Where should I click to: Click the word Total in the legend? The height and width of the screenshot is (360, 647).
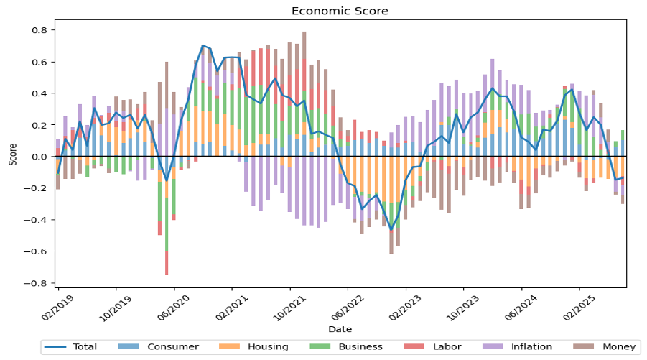tap(85, 347)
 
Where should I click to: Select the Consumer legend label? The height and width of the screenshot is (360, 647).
tap(172, 347)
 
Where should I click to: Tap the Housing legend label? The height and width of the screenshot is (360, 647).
tap(267, 347)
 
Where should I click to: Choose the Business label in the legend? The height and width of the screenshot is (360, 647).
tap(360, 347)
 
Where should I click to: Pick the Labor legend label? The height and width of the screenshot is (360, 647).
tap(447, 347)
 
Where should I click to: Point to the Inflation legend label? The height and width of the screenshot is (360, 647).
tap(531, 347)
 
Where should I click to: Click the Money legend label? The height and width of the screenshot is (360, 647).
tap(619, 347)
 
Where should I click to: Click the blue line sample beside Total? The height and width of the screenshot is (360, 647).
tap(55, 347)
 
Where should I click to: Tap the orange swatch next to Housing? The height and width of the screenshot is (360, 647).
tap(230, 347)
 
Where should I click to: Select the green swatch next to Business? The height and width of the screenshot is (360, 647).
tap(321, 347)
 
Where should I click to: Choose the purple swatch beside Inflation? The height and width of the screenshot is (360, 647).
tap(493, 347)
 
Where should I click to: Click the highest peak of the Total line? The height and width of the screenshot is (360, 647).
tap(203, 45)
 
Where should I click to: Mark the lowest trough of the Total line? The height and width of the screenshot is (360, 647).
tap(391, 229)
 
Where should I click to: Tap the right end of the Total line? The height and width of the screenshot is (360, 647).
tap(623, 177)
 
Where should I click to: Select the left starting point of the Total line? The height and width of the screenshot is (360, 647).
tap(58, 172)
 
